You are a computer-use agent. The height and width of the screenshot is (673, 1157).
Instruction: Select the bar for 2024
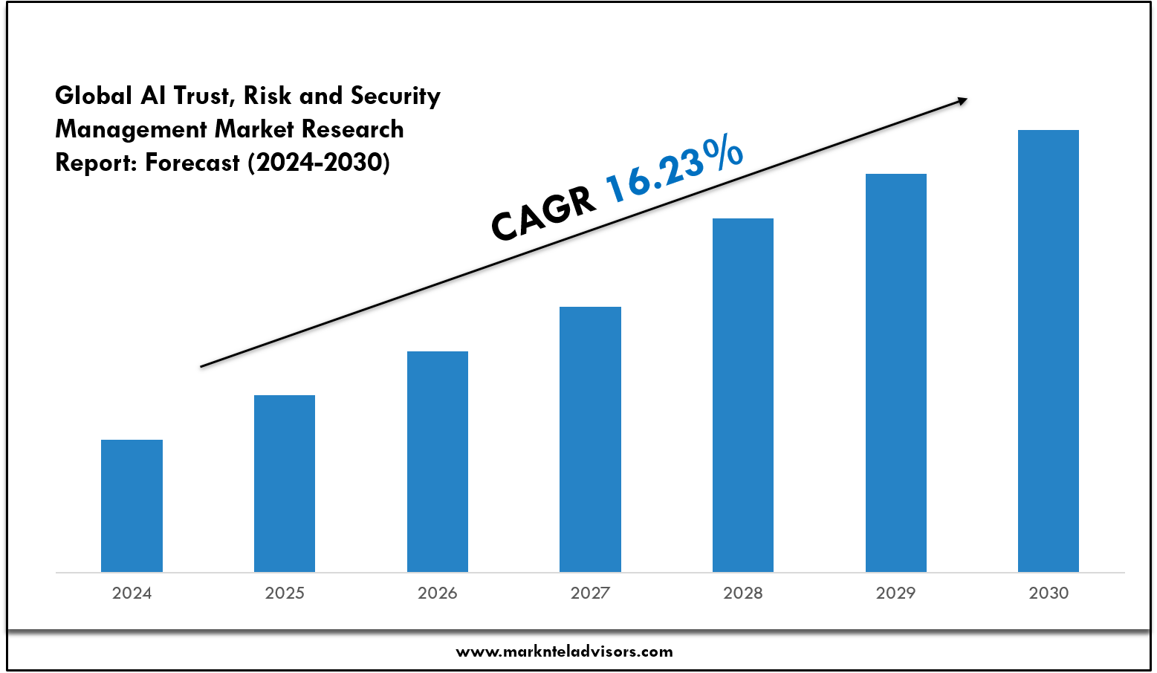(132, 506)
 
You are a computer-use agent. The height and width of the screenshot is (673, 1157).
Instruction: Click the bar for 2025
(285, 484)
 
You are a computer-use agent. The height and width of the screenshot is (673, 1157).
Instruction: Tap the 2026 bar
(438, 461)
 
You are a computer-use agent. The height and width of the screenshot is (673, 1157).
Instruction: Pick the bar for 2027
(590, 439)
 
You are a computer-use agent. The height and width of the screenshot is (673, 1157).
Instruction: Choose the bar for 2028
(743, 395)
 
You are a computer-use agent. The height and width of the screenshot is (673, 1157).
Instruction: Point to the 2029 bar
(896, 373)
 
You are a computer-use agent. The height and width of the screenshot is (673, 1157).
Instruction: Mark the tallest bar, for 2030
(1049, 351)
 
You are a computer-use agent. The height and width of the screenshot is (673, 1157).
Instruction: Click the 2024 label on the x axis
(132, 593)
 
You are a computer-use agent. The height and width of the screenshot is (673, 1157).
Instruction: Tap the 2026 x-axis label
(438, 593)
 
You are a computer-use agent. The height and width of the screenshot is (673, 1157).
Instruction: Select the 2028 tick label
(743, 593)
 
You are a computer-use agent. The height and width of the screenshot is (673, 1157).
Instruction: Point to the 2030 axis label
(1049, 593)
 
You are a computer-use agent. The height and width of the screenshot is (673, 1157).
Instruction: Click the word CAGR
(544, 212)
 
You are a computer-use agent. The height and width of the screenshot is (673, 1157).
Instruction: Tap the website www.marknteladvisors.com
(564, 651)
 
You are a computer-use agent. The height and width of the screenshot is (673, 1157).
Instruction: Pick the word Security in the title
(395, 96)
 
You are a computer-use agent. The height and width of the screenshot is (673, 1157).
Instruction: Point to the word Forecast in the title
(192, 163)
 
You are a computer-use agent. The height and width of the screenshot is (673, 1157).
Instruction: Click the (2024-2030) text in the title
(319, 163)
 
